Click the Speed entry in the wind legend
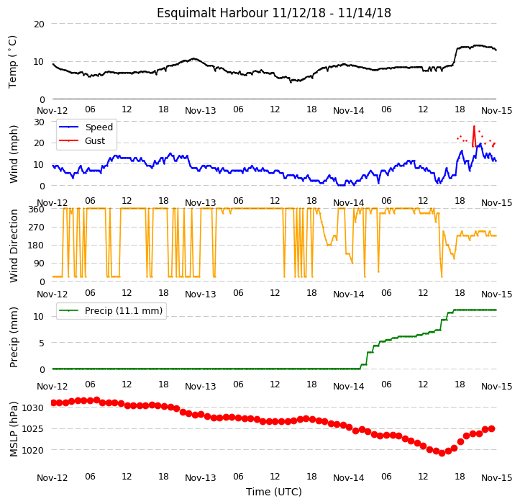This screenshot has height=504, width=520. coord(99,127)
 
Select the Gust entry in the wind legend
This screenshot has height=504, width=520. coord(95,141)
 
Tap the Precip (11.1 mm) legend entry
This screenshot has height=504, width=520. coord(124,311)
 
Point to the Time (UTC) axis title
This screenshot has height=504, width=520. coord(273,492)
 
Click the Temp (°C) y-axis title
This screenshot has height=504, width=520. coord(13,62)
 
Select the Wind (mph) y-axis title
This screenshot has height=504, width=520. coord(13,154)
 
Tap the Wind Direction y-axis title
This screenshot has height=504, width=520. coord(13,246)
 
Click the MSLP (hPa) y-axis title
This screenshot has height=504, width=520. coord(13,429)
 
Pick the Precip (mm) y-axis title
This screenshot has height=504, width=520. coord(13,338)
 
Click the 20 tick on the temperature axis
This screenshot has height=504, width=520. coord(39,24)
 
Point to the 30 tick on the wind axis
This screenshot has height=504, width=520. coord(39,122)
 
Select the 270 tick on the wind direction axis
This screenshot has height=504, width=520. coord(36,228)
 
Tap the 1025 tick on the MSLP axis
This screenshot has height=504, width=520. coord(33,429)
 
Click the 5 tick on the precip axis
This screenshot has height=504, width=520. coord(42,343)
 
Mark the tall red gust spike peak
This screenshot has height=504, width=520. coord(474,127)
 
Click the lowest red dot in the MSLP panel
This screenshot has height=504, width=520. coord(442,453)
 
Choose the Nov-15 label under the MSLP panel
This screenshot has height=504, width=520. coord(497,478)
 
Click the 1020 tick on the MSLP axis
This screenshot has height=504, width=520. coord(33,451)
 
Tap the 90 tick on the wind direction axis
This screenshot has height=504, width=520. coord(39,264)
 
